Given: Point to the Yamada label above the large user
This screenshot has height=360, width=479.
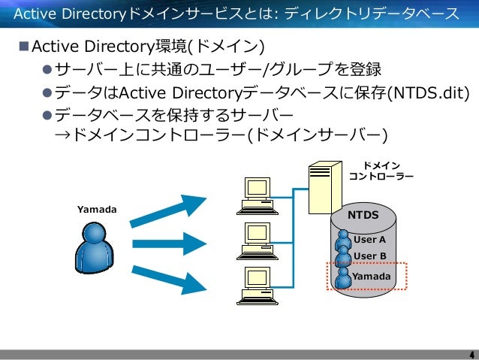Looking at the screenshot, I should click(x=98, y=208).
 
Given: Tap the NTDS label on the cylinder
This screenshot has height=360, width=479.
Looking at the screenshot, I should click(x=363, y=216).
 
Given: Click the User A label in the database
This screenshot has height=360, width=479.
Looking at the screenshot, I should click(x=369, y=240).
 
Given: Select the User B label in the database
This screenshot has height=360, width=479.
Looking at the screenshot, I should click(x=369, y=256).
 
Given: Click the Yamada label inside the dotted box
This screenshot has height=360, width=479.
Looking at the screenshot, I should click(x=372, y=277).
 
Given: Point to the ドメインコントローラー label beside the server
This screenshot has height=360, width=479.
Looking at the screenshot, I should click(x=381, y=171).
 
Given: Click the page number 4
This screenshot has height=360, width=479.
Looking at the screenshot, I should click(x=471, y=354).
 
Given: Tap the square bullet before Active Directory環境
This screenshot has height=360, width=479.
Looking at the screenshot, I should click(x=23, y=49).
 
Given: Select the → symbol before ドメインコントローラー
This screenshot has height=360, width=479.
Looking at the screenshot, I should click(x=62, y=136).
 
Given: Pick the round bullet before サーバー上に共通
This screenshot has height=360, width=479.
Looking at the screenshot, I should click(x=46, y=71).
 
